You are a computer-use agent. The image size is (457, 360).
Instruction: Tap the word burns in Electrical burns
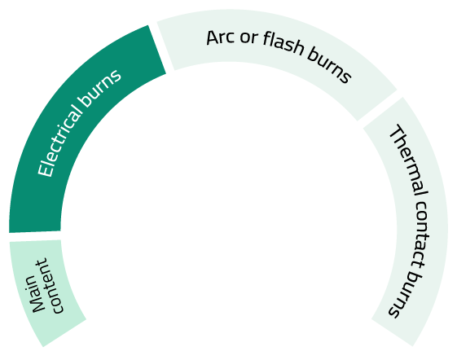point(100,87)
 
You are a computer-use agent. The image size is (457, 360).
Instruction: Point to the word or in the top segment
point(249,37)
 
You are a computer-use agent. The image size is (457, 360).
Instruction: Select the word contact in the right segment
point(419,235)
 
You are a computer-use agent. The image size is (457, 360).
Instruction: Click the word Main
point(36,294)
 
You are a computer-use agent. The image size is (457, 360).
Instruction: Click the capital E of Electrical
point(46,170)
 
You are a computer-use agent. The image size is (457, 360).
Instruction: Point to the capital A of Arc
point(212,38)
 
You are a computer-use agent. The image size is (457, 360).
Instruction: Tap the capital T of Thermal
point(398,132)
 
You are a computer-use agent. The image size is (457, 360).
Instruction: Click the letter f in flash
point(266,38)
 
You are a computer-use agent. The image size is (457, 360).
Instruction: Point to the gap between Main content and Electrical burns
point(35,236)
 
